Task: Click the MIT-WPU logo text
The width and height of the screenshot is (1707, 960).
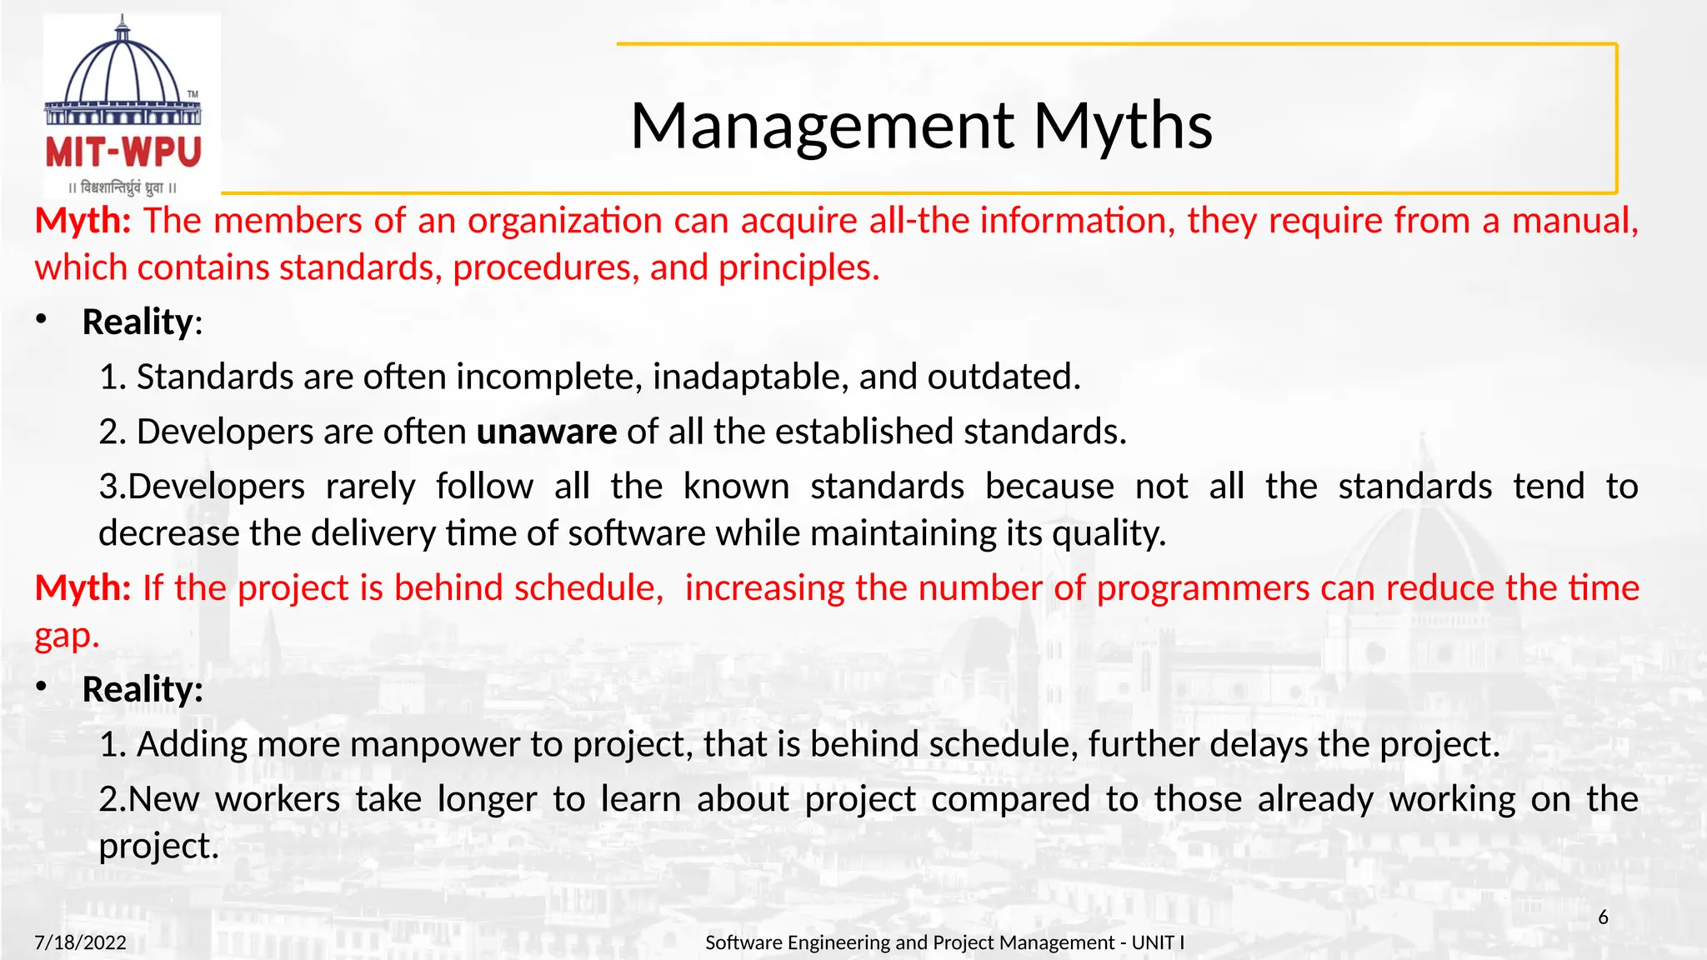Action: tap(123, 152)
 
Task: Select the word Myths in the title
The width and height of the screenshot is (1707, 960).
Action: tap(1123, 127)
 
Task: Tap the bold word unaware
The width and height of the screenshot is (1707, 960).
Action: tap(546, 432)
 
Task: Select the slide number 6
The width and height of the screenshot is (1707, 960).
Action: tap(1603, 917)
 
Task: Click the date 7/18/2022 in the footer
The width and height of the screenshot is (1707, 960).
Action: tap(80, 942)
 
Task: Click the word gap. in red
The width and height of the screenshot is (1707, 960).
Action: tap(67, 637)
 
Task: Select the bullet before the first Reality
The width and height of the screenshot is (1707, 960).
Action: tap(42, 320)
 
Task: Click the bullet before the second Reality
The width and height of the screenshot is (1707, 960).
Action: tap(42, 687)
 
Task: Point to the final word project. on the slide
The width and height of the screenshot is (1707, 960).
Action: tap(158, 847)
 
